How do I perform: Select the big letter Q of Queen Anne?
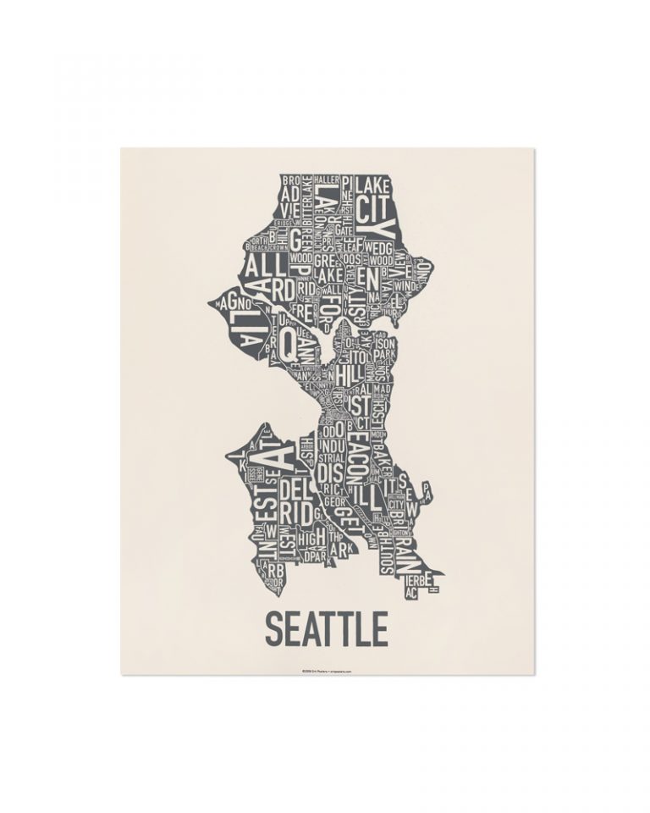tap(288, 342)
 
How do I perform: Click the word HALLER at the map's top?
tap(326, 180)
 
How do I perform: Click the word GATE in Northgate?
tap(343, 230)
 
